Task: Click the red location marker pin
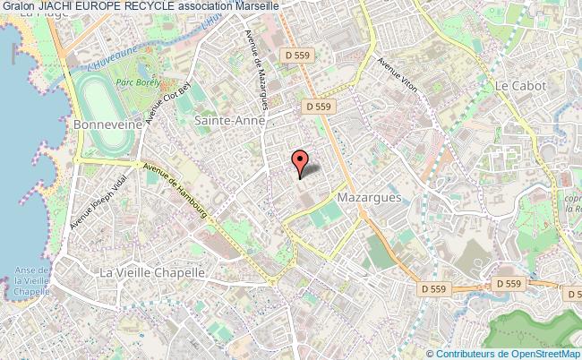300,160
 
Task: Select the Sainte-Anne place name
229,119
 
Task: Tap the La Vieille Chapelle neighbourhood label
152,272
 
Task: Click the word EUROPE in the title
106,6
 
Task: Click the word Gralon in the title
18,6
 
